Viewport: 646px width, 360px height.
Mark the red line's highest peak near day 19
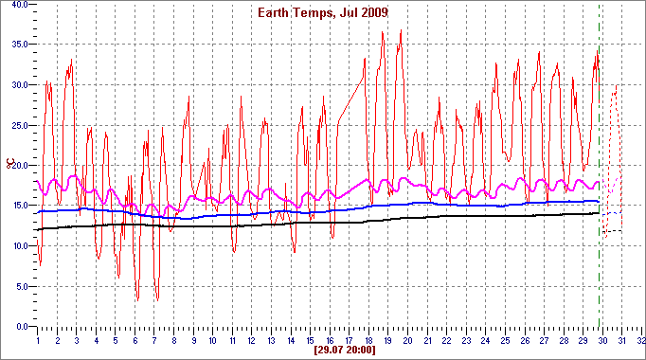[x=383, y=31]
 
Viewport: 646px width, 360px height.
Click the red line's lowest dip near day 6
[x=137, y=299]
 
